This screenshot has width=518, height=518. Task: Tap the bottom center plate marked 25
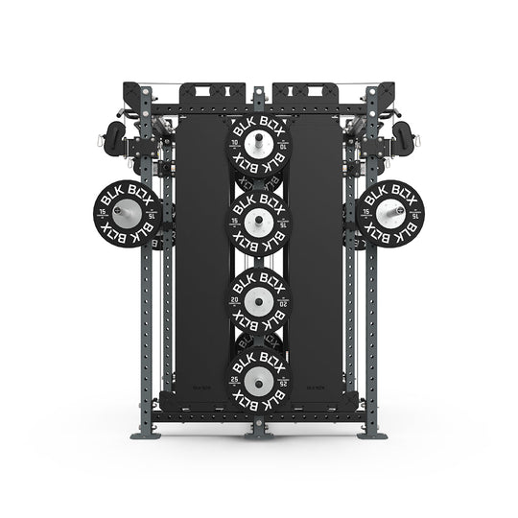(x=257, y=379)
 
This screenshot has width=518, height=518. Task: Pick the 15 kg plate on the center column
(x=257, y=223)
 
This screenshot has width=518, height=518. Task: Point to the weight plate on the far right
(x=388, y=213)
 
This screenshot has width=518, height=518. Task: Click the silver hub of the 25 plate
(x=257, y=379)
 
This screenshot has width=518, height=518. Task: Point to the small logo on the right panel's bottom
(x=314, y=388)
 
